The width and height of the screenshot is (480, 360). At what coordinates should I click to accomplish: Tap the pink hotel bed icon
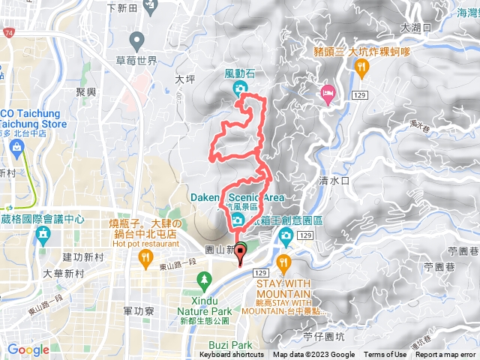click(328, 94)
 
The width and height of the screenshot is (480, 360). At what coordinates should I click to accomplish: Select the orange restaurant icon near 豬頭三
click(362, 67)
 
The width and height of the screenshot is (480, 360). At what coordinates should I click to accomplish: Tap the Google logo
click(28, 349)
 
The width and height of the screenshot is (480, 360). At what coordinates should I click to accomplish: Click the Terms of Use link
click(385, 355)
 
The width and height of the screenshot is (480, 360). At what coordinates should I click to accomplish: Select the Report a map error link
click(445, 355)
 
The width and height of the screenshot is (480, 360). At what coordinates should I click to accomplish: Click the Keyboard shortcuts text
click(232, 355)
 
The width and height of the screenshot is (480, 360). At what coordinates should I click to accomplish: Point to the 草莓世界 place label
click(137, 61)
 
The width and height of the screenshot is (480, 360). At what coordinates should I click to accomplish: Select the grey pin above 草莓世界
click(136, 39)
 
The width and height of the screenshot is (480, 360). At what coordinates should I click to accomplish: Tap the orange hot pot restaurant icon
click(142, 259)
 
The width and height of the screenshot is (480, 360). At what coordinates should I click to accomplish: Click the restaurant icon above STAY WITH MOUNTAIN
click(283, 262)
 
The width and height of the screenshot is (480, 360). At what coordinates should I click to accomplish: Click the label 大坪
click(184, 77)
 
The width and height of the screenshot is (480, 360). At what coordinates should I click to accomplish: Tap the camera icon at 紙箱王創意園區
click(285, 237)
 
